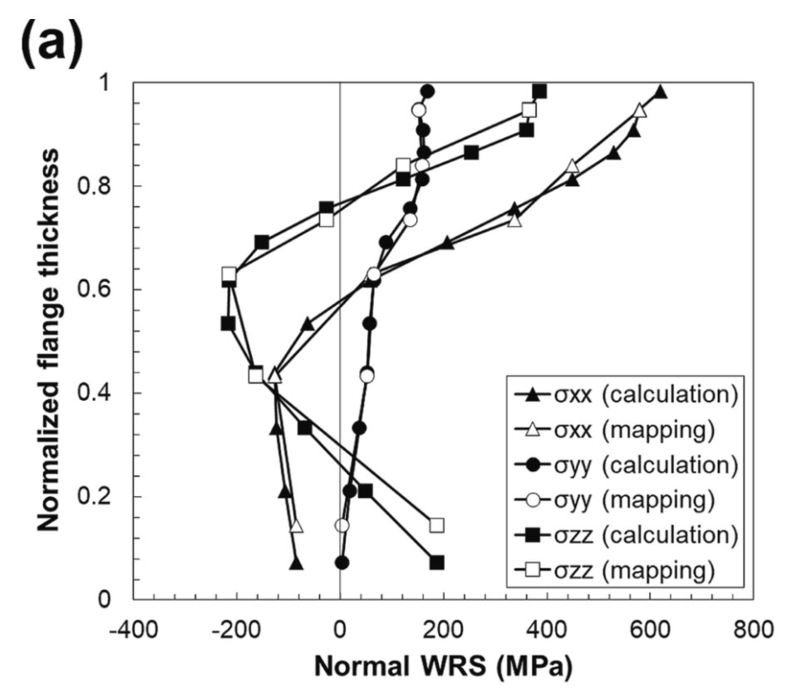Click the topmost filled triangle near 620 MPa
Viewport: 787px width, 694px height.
point(661,92)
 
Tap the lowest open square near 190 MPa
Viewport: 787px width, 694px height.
point(437,525)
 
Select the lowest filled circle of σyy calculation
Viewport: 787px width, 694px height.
point(342,563)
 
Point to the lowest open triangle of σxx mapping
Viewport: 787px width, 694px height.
point(297,526)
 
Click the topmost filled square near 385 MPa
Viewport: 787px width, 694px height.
point(539,91)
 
